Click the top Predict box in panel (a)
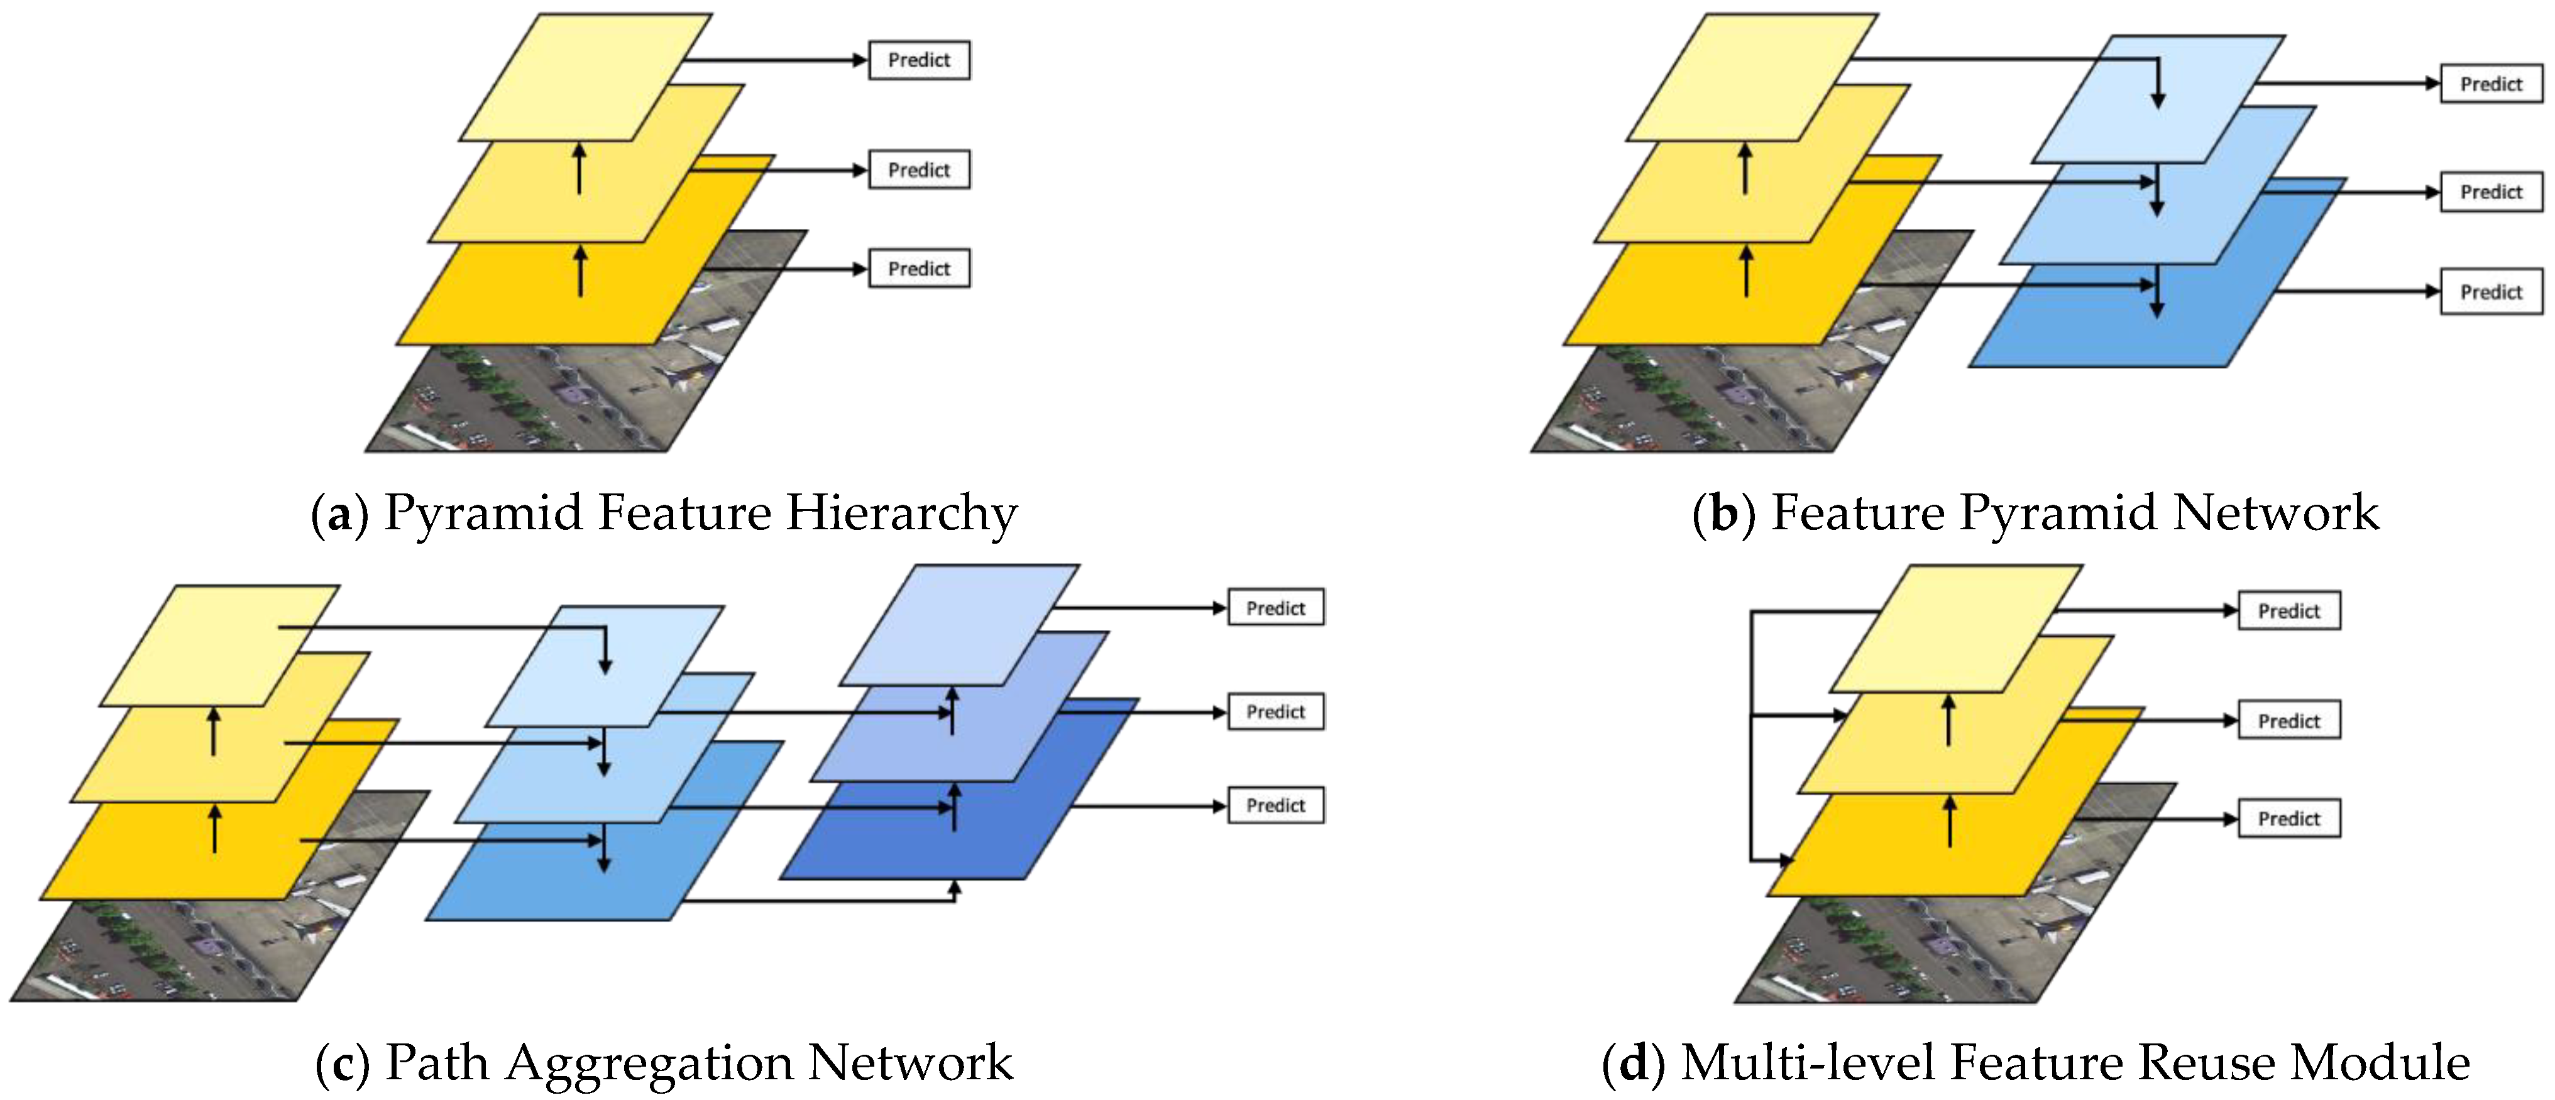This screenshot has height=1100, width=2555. click(918, 60)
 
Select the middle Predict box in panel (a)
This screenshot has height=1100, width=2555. click(918, 170)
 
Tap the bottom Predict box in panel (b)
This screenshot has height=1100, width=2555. click(2490, 292)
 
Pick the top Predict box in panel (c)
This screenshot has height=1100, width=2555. click(1275, 608)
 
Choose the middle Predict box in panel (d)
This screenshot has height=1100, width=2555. click(2289, 720)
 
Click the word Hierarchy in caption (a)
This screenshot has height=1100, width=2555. click(901, 514)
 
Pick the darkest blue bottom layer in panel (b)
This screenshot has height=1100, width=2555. click(2113, 338)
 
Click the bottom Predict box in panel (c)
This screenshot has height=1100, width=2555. click(1275, 805)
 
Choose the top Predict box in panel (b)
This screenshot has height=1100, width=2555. click(2490, 84)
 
